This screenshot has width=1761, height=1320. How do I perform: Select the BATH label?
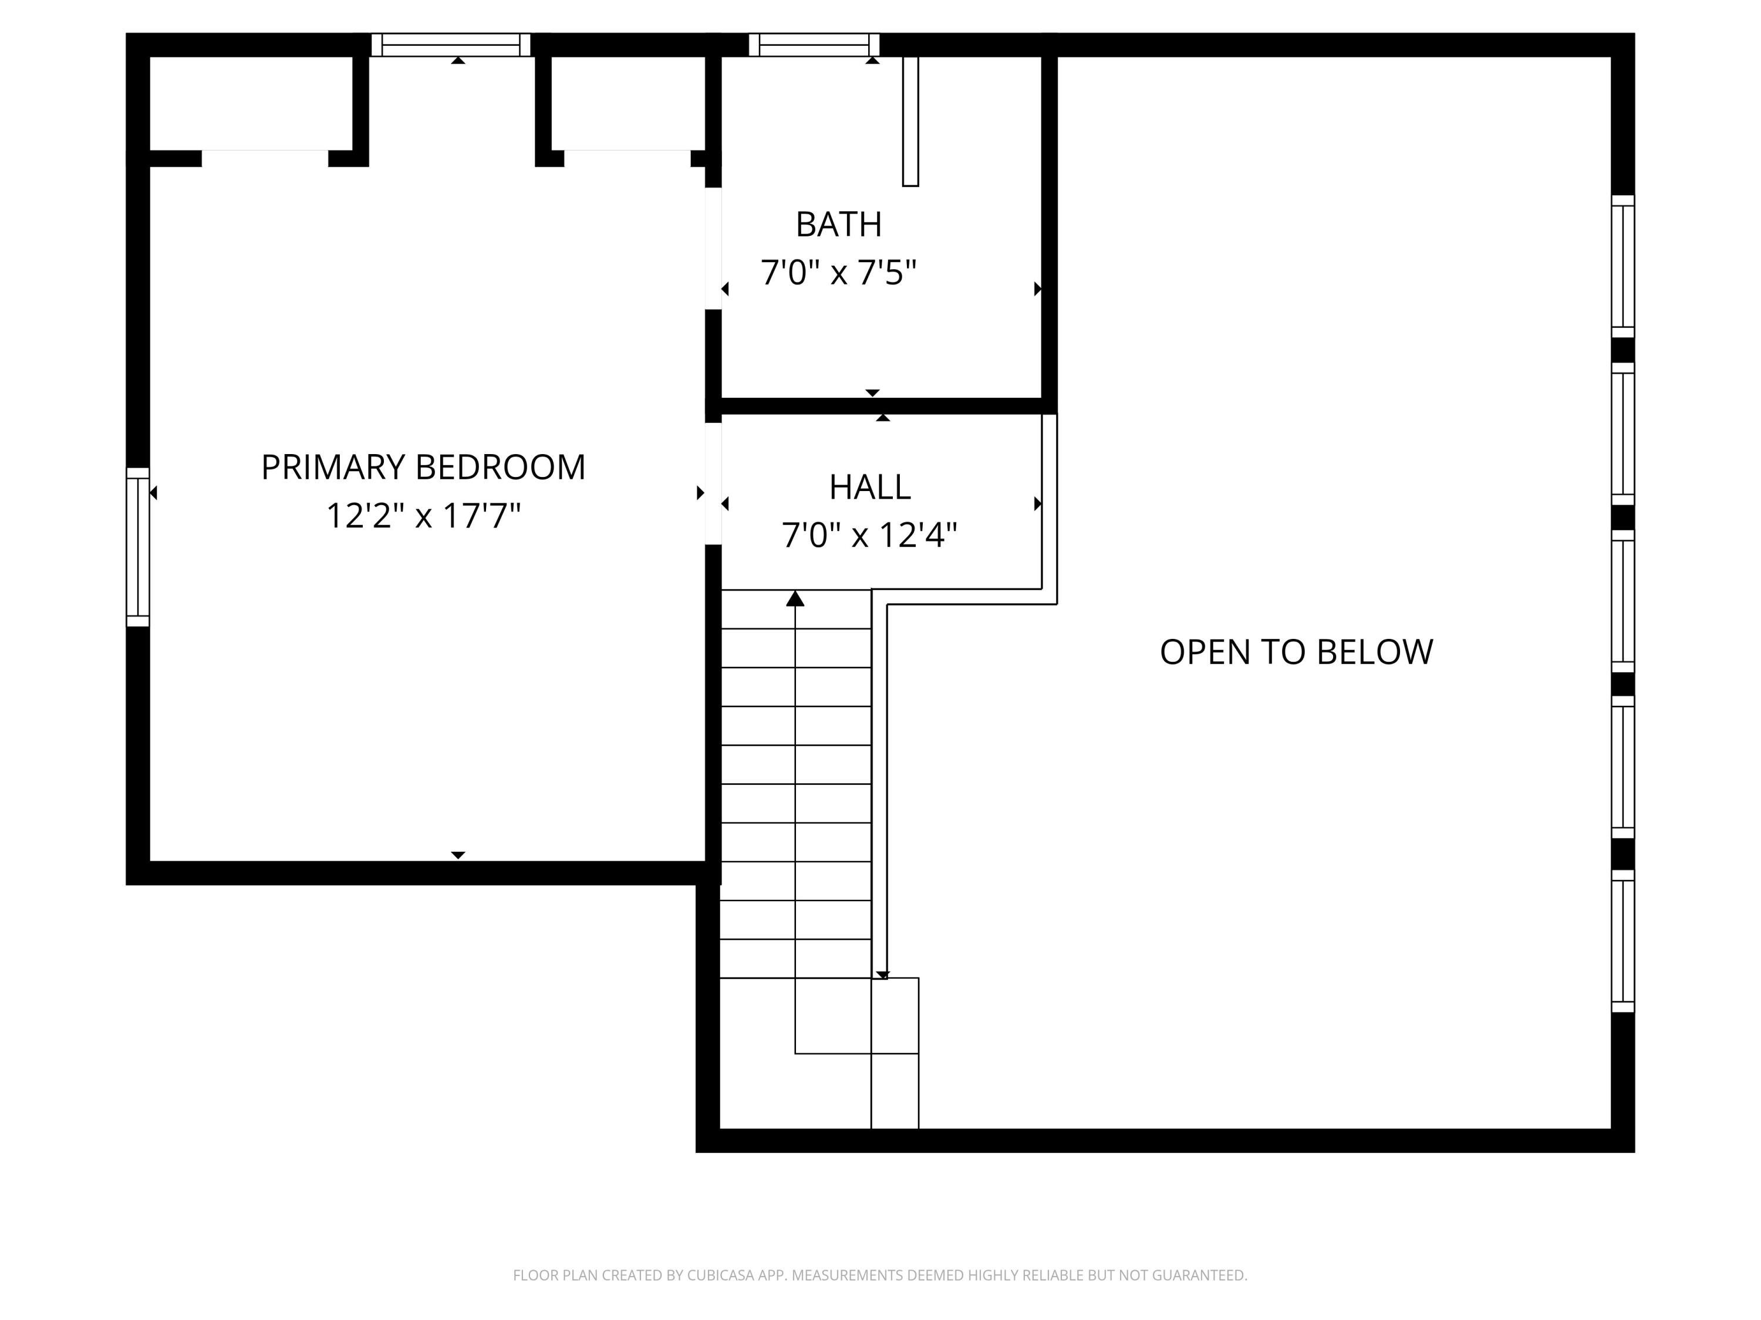838,224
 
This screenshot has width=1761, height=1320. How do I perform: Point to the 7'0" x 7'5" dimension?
838,273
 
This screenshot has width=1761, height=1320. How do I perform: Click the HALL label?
869,487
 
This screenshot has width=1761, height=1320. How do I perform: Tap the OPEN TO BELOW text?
1296,652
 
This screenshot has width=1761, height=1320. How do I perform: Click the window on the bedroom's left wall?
138,547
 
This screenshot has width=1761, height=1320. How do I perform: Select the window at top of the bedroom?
451,45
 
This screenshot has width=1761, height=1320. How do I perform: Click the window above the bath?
814,45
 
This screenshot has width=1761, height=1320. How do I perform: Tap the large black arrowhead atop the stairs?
795,599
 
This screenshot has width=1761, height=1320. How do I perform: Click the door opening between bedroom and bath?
713,248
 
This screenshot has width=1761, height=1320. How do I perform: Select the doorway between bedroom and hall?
713,483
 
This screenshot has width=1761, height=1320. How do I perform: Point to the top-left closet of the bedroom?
250,103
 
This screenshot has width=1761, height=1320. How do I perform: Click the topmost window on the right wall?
1622,266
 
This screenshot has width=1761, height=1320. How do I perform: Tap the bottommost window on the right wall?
1622,940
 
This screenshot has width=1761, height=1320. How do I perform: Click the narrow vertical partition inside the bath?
910,121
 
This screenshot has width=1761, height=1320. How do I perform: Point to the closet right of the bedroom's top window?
628,103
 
